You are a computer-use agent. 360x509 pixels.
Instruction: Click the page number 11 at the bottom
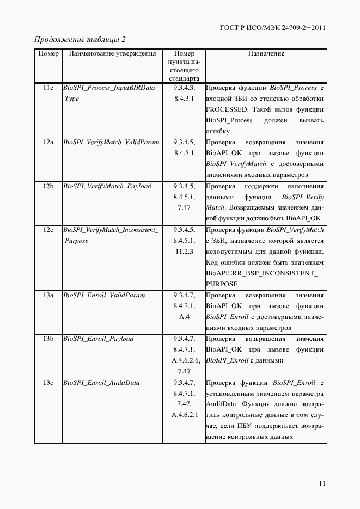coord(322,483)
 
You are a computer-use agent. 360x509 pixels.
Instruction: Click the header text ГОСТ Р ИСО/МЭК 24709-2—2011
coord(273,28)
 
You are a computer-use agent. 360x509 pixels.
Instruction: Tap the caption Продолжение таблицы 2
coord(80,40)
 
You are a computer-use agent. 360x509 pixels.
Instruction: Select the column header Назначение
coord(266,54)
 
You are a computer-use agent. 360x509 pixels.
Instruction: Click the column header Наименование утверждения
coord(109,54)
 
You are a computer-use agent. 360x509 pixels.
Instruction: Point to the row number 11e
coord(48,88)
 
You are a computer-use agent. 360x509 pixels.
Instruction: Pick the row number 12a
coord(48,142)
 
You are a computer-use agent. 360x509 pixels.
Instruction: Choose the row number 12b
coord(48,186)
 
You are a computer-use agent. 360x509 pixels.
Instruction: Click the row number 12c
coord(48,230)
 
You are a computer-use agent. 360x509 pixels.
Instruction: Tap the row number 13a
coord(48,295)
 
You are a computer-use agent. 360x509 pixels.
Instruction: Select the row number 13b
coord(48,339)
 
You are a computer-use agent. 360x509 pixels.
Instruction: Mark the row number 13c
coord(48,383)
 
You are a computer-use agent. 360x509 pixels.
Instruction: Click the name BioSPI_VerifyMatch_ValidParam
coord(111,142)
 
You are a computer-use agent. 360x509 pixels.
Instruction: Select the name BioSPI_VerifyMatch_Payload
coord(107,186)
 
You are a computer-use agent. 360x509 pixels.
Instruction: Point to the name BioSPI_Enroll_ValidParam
coord(103,295)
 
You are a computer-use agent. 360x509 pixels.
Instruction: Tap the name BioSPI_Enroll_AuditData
coord(101,383)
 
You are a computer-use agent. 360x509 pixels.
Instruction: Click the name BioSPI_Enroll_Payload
coord(99,339)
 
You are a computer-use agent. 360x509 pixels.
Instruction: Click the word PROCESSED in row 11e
coord(227,109)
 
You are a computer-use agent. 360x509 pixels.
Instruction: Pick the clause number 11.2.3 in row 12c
coord(185,252)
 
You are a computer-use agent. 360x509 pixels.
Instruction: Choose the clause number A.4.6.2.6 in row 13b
coord(186,360)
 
